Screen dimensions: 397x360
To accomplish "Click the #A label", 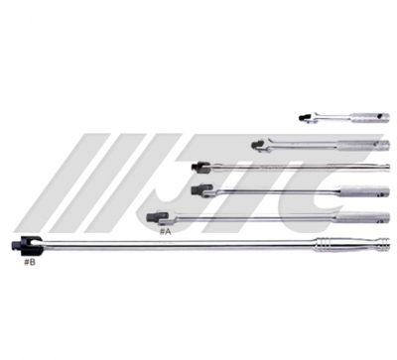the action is (166, 232).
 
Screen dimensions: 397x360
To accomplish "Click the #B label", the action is (29, 262).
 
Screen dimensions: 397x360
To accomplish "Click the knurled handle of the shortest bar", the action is (370, 118).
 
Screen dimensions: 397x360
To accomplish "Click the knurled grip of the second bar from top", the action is (363, 146).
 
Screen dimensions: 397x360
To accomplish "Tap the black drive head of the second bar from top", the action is (258, 146).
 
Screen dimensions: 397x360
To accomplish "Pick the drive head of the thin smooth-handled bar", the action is (200, 167).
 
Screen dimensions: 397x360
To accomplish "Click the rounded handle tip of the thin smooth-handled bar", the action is (387, 167).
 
